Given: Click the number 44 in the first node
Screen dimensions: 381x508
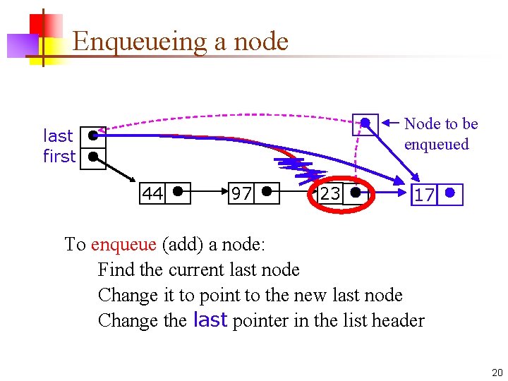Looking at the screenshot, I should tap(152, 193).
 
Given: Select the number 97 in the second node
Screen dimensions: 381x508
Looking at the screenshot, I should tap(241, 193).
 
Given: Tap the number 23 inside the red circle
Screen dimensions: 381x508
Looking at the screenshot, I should tap(329, 193).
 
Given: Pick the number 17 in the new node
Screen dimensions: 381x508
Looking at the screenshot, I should tap(424, 195).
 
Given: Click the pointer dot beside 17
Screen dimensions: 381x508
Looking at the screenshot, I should tap(450, 191).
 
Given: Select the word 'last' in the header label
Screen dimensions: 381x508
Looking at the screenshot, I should tap(58, 135).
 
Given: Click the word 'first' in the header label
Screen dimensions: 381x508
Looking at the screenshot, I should tap(59, 156).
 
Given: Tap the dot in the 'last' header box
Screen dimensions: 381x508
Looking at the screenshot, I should tap(92, 135).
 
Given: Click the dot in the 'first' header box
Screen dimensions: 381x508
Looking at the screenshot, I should tap(92, 156).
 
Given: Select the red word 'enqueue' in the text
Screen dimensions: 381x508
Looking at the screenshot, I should tap(123, 244).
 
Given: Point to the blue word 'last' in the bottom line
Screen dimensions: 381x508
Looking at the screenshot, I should tap(210, 320).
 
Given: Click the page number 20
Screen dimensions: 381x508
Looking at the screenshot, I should tap(496, 373).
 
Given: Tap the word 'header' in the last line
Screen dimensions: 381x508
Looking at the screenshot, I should tap(397, 321).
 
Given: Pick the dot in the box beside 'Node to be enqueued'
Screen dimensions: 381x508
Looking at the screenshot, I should tap(365, 123).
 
